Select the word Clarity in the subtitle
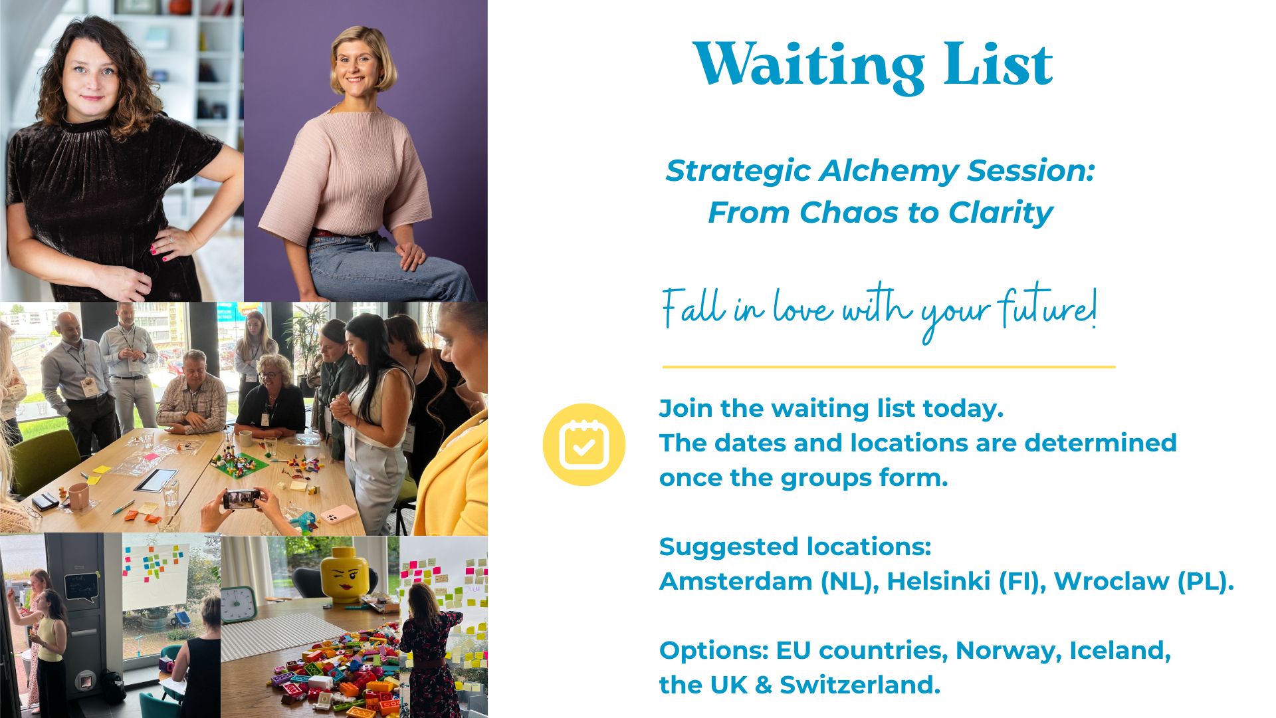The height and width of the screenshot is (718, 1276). [x=1000, y=213]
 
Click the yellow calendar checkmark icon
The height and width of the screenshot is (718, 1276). [x=584, y=444]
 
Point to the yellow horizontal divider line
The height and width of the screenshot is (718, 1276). [x=889, y=366]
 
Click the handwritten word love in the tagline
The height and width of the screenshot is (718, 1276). [x=802, y=309]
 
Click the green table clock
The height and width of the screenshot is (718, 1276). [x=238, y=604]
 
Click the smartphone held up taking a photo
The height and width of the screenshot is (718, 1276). [x=242, y=499]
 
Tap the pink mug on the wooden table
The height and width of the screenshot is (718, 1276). [x=78, y=496]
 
